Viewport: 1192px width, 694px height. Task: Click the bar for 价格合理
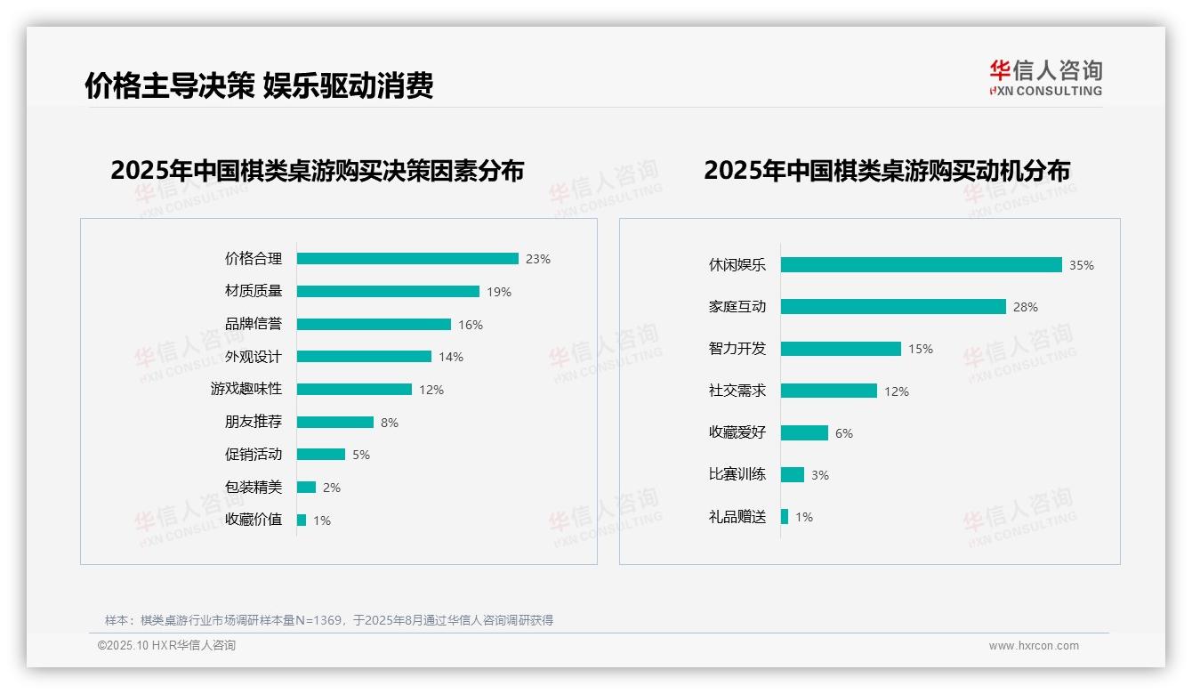407,259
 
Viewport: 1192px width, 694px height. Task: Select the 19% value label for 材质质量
499,292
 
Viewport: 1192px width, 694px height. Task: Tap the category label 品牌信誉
254,324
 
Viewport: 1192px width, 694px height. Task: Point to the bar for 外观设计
364,357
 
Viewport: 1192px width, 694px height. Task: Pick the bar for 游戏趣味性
354,390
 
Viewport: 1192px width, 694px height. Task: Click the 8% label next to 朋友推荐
390,423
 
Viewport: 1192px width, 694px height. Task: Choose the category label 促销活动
254,455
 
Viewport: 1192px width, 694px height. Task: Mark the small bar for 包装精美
306,488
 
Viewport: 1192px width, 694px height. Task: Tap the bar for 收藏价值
302,520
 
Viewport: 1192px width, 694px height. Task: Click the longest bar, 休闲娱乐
921,265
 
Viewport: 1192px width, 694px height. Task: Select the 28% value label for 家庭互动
1025,307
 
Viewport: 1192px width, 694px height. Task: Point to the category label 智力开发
737,349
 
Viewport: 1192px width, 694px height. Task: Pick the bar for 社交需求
828,391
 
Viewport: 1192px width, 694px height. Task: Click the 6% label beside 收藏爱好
844,433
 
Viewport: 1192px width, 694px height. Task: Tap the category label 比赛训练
737,474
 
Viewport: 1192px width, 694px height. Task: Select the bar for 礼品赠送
785,517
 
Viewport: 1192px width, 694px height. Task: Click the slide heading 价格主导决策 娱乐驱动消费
259,85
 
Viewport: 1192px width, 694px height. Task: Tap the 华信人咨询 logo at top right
1045,78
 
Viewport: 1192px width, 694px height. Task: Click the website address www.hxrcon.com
1034,645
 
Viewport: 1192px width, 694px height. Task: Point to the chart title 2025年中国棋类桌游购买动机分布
887,171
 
